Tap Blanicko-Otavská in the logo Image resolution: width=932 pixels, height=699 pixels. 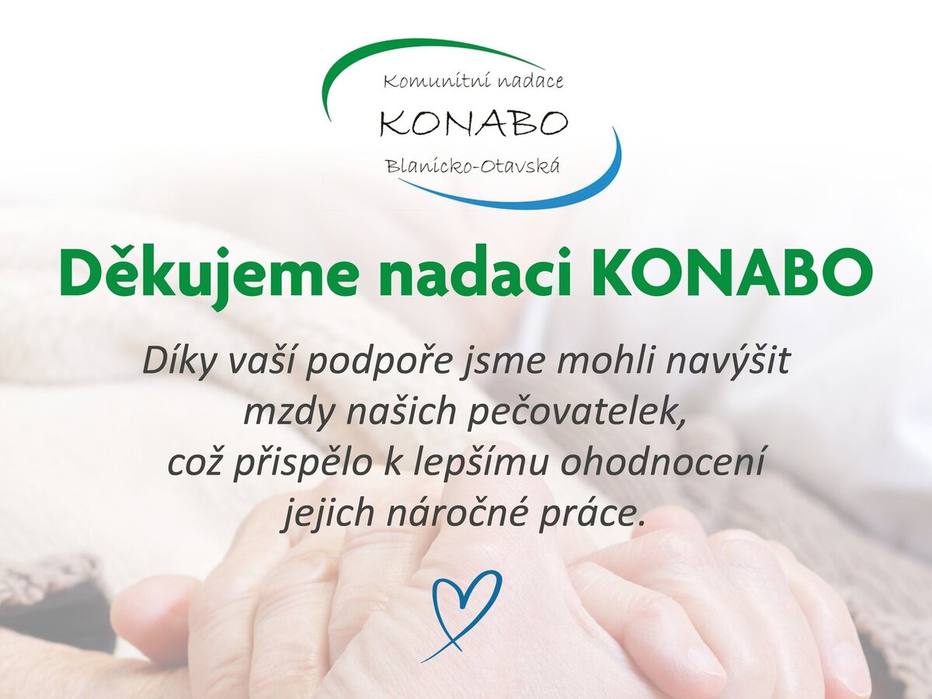473,166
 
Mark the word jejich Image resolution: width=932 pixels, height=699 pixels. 326,513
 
